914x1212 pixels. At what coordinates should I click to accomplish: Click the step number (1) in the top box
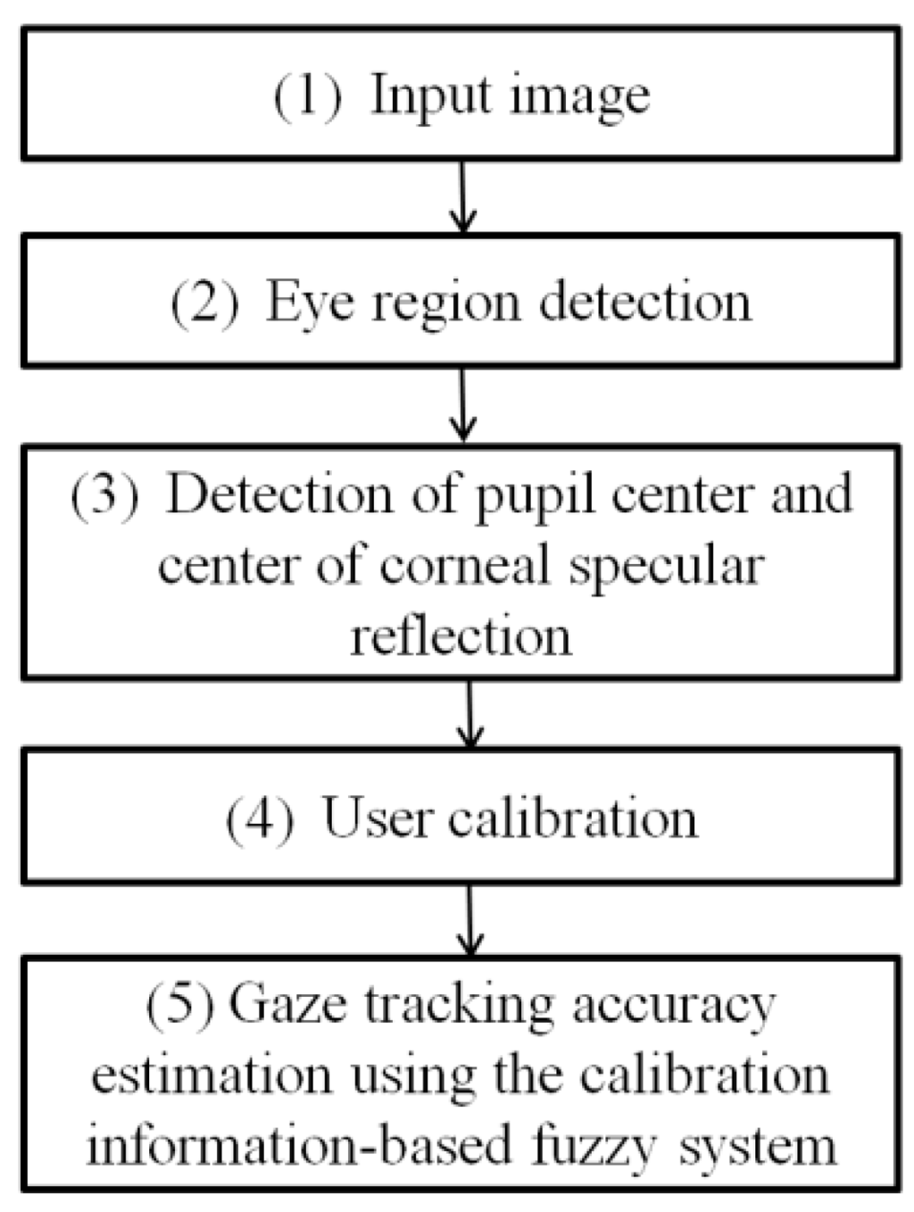pyautogui.click(x=307, y=95)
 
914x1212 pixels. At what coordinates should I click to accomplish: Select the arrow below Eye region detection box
pyautogui.click(x=462, y=405)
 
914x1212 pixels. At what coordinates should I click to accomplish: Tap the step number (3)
pyautogui.click(x=105, y=494)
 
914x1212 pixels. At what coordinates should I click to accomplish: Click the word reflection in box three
pyautogui.click(x=461, y=636)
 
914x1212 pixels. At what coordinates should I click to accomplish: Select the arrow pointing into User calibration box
pyautogui.click(x=469, y=714)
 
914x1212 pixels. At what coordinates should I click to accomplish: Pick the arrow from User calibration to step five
pyautogui.click(x=469, y=920)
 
